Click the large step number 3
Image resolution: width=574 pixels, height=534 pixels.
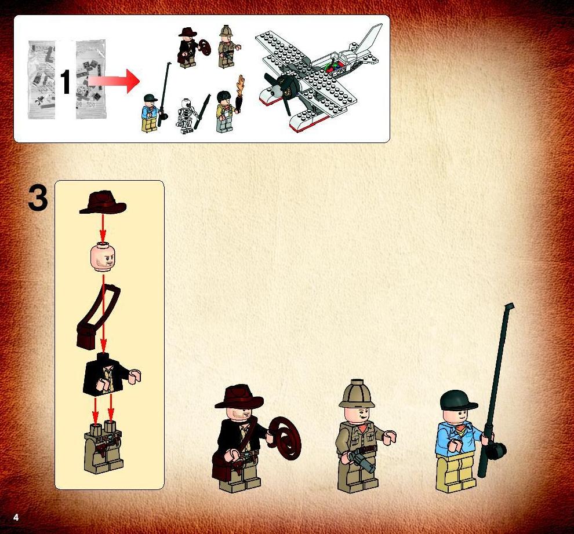[38, 198]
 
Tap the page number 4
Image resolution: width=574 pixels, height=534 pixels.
[16, 517]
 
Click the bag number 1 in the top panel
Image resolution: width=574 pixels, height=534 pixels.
[65, 82]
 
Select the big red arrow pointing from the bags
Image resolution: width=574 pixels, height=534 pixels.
[114, 81]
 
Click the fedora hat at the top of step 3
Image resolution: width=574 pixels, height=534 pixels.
[103, 202]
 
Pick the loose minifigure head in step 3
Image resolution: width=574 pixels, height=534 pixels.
[103, 257]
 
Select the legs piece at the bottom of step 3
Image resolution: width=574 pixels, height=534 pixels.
[104, 447]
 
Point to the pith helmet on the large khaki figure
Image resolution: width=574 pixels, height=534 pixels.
[357, 394]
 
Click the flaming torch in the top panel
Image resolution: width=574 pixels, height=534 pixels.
[240, 94]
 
